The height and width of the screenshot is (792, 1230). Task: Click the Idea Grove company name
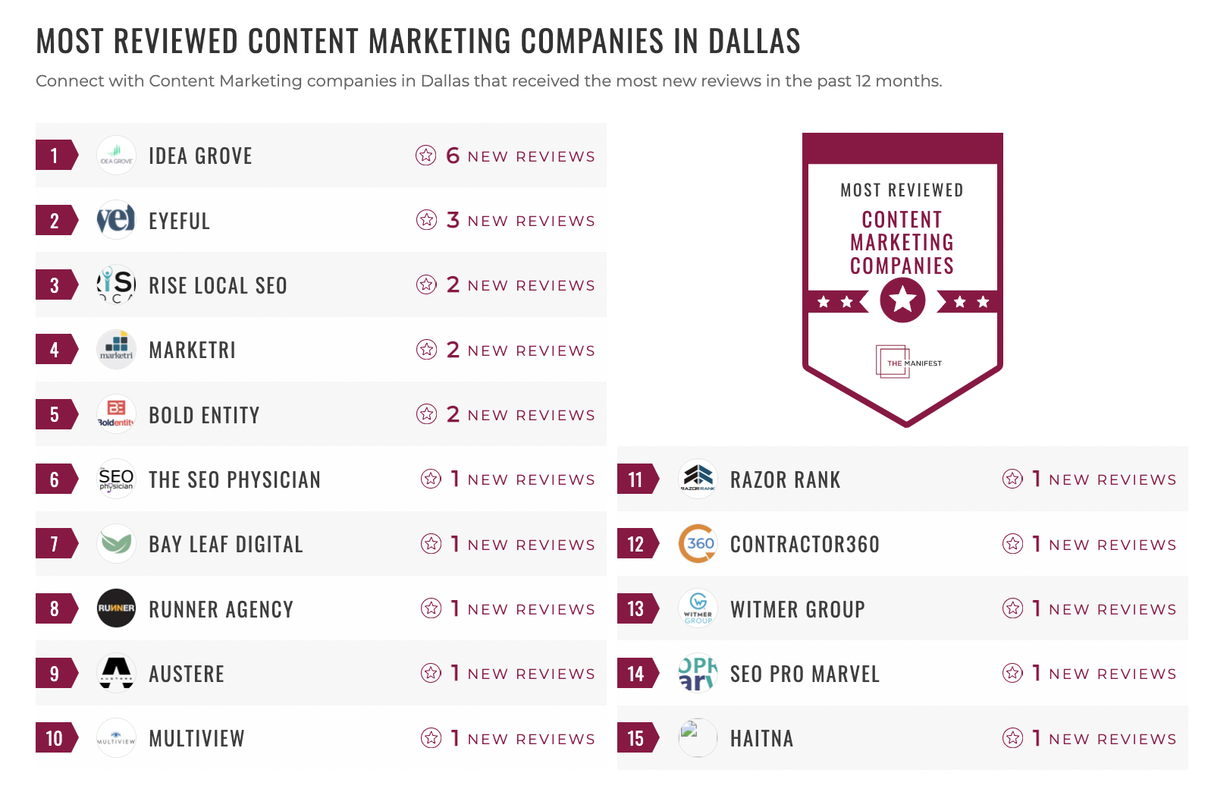pos(200,156)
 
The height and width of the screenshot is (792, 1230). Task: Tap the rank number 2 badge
pos(55,221)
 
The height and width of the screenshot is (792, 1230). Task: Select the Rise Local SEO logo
pos(117,285)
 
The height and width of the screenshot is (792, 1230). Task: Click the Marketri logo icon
pos(117,350)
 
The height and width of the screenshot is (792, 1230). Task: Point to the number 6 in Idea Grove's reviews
pos(453,156)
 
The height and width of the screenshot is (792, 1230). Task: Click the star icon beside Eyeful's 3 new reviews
pos(426,220)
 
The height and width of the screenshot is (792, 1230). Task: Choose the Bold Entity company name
pos(204,415)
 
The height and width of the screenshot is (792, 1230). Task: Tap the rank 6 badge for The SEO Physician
pos(55,479)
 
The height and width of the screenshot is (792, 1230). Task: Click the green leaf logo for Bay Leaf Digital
pos(117,544)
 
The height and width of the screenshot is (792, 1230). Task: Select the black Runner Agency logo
pos(117,608)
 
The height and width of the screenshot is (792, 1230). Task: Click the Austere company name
pos(187,674)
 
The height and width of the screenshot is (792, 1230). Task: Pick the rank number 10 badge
pos(55,738)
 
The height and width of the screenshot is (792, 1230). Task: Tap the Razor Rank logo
pos(698,479)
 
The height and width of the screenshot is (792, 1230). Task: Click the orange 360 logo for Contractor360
pos(698,544)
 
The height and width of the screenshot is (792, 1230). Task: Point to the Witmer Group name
pos(797,609)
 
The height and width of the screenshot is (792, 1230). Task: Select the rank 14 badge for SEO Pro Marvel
pos(636,674)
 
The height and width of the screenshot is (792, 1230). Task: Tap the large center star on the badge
pos(902,300)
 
